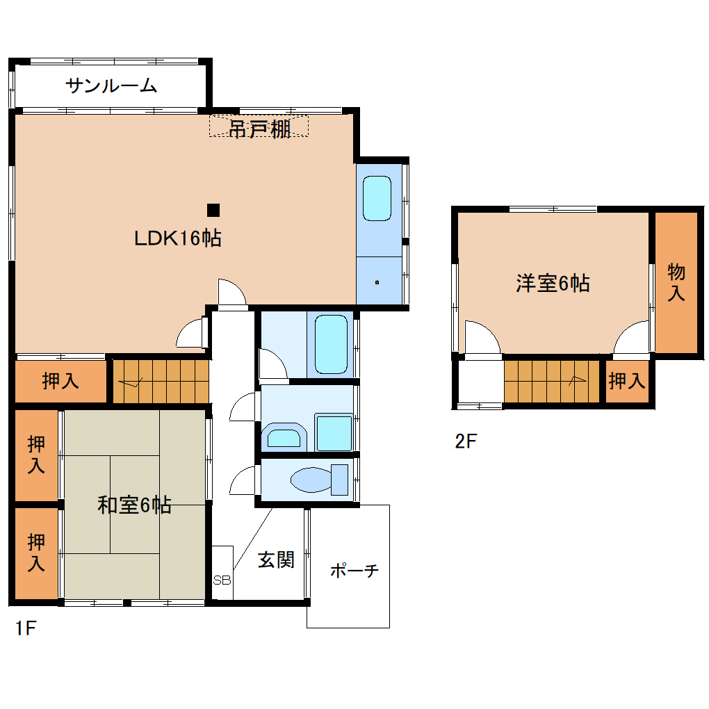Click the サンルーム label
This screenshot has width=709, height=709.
coord(111,86)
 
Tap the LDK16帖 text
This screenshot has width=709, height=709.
coord(178,239)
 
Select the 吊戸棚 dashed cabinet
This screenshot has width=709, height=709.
coord(259,126)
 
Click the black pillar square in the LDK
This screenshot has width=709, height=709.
coord(213,209)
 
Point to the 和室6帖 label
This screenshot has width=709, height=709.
coord(134,505)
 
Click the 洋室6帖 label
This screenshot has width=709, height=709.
coord(553,284)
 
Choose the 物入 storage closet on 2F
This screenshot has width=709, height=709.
coord(676,282)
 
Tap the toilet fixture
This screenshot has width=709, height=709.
coord(320,480)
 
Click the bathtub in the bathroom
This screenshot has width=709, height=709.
coord(331,345)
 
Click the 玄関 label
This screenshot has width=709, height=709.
coord(276,560)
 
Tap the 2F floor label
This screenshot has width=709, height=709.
coord(466,441)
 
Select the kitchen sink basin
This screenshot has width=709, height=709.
coord(377,198)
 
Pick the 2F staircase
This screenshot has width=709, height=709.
coord(552,381)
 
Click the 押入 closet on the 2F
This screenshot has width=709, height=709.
coord(626,381)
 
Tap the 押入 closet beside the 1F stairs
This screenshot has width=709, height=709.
coord(60,381)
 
